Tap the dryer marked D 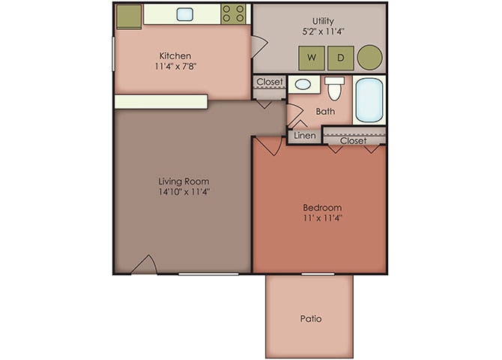(x=340, y=58)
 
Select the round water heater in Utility (x=370, y=57)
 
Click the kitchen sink (x=184, y=13)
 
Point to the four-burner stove (x=234, y=13)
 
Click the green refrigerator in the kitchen (x=128, y=16)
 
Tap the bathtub (x=369, y=99)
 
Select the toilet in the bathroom (x=335, y=88)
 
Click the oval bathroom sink (x=303, y=85)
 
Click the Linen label (x=304, y=136)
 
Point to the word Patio (x=311, y=319)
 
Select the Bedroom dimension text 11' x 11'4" (x=322, y=218)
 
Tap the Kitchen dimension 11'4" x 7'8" (x=175, y=66)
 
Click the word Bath (x=325, y=112)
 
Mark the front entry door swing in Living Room (x=144, y=265)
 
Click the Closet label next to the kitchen (x=270, y=82)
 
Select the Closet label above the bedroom (x=353, y=140)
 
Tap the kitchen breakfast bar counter (x=161, y=101)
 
